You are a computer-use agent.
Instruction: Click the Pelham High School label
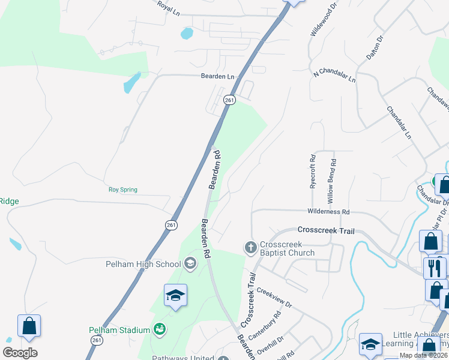coord(142,264)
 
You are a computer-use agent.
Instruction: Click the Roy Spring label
coord(122,190)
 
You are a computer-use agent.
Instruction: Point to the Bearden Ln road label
coord(217,77)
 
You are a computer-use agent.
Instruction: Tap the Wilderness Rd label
coord(328,212)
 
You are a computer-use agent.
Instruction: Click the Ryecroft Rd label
coord(313,173)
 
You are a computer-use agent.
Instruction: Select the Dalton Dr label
coord(375,47)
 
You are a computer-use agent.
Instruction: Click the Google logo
coord(20,353)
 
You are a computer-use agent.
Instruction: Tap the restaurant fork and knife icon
coord(435,267)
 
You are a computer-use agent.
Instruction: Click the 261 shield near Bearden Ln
coord(229,100)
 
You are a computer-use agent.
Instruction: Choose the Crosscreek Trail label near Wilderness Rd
coord(326,230)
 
